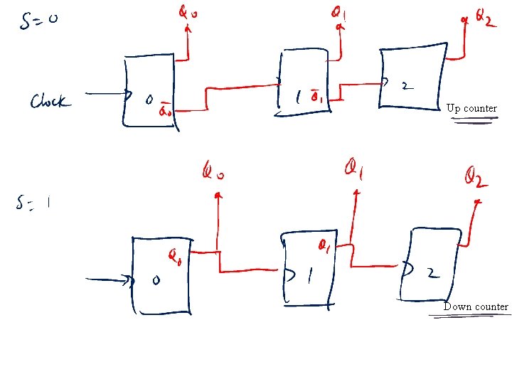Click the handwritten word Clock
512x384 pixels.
click(x=50, y=102)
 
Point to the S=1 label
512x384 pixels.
click(x=33, y=204)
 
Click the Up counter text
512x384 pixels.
click(x=471, y=108)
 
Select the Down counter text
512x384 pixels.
click(x=476, y=306)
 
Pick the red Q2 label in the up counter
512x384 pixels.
click(x=482, y=19)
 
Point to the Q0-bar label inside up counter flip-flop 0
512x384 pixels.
click(x=166, y=110)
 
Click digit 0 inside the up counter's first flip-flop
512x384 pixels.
click(x=149, y=100)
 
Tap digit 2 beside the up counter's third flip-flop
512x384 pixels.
click(x=405, y=86)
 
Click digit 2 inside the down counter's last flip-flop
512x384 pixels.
click(x=434, y=272)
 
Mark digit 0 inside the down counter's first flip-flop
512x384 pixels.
click(x=156, y=281)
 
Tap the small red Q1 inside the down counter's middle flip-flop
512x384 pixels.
click(x=323, y=246)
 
